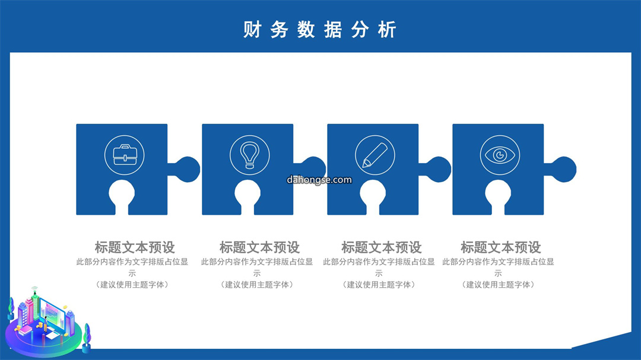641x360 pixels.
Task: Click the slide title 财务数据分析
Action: click(320, 30)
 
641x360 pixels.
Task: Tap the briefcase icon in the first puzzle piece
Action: click(125, 155)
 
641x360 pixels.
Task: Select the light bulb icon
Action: click(250, 155)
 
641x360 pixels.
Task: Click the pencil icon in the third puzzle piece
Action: click(375, 155)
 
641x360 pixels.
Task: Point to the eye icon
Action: click(500, 155)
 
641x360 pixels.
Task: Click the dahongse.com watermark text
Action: click(319, 180)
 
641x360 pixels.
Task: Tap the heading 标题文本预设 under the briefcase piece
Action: click(135, 247)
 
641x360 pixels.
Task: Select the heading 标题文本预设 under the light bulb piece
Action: click(259, 247)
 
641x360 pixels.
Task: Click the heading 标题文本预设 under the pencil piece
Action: click(382, 247)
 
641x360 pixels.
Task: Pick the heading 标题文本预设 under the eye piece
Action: click(501, 247)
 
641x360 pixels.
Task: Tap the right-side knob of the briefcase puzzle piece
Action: click(187, 169)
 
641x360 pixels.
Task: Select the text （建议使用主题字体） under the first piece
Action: click(132, 285)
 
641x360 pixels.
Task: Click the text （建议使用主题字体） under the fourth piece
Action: click(498, 285)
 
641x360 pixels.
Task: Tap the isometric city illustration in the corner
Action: click(47, 322)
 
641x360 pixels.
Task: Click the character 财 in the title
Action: click(252, 30)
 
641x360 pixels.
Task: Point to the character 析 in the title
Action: click(387, 30)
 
